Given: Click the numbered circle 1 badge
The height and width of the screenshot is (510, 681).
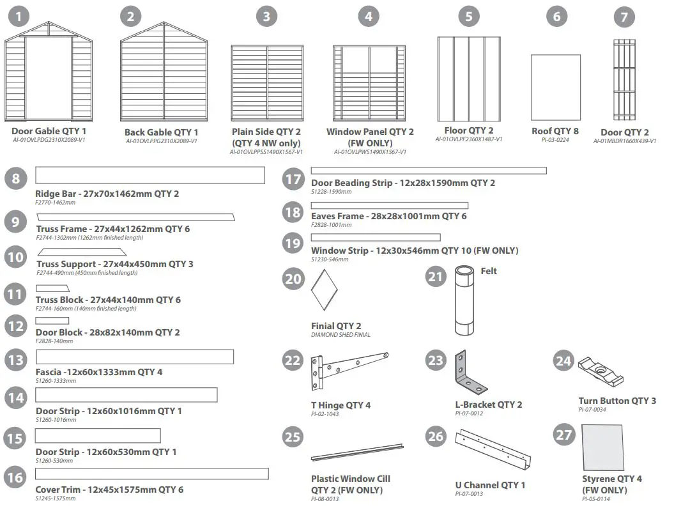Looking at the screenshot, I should point(20,16).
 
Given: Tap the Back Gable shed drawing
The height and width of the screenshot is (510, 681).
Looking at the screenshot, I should point(164,72).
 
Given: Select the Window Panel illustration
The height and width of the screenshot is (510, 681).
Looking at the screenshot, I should point(369,82).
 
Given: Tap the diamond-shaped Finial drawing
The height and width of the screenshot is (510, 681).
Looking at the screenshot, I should point(324,290).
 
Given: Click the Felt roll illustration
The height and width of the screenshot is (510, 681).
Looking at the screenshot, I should point(464,301).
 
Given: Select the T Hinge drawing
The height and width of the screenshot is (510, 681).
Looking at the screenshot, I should point(349,371).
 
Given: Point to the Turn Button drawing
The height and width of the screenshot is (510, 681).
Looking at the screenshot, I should point(600,371).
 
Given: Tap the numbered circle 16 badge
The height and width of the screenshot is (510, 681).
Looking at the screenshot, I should point(15,478).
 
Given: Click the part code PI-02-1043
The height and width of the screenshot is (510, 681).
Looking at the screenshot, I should point(325,414).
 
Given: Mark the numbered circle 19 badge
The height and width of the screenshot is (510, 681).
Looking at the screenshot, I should point(293,243).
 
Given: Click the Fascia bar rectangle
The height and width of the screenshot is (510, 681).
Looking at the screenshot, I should point(134,357).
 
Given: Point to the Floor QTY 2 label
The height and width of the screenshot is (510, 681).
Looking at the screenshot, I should point(469,130).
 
